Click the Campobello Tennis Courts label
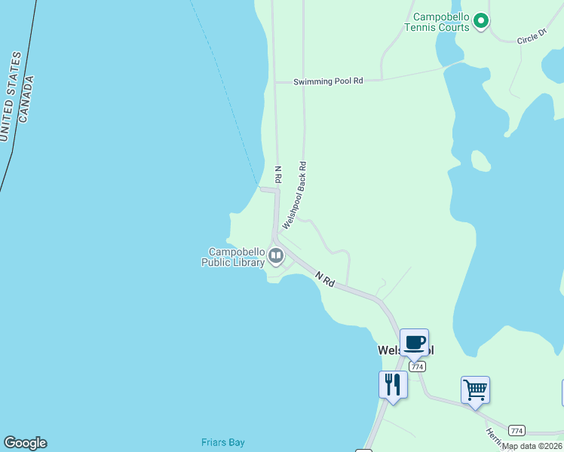[x=437, y=22]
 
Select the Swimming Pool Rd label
[x=328, y=81]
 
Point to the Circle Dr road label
[x=532, y=36]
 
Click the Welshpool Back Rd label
[x=295, y=195]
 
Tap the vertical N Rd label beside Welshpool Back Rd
[x=277, y=176]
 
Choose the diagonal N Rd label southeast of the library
[x=326, y=279]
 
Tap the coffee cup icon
[x=414, y=342]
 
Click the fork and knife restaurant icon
[x=393, y=383]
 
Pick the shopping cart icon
[x=475, y=390]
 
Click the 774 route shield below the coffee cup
[x=418, y=366]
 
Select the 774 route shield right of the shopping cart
[x=516, y=430]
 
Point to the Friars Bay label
[x=222, y=442]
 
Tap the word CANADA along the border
[x=26, y=99]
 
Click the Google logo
[x=25, y=443]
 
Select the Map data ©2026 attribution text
[x=532, y=446]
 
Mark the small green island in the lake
[x=480, y=160]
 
